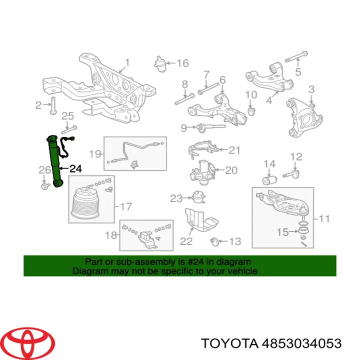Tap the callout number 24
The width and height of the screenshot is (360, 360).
click(75, 168)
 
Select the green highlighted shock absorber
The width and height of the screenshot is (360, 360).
click(54, 160)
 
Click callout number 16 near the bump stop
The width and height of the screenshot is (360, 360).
click(182, 63)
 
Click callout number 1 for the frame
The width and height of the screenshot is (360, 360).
click(126, 63)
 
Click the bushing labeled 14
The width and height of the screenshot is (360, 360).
click(270, 179)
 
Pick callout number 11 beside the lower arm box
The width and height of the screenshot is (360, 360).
click(324, 218)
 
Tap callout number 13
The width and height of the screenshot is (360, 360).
click(234, 241)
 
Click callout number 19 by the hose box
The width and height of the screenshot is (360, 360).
click(95, 153)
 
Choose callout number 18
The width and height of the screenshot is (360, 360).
click(110, 235)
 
